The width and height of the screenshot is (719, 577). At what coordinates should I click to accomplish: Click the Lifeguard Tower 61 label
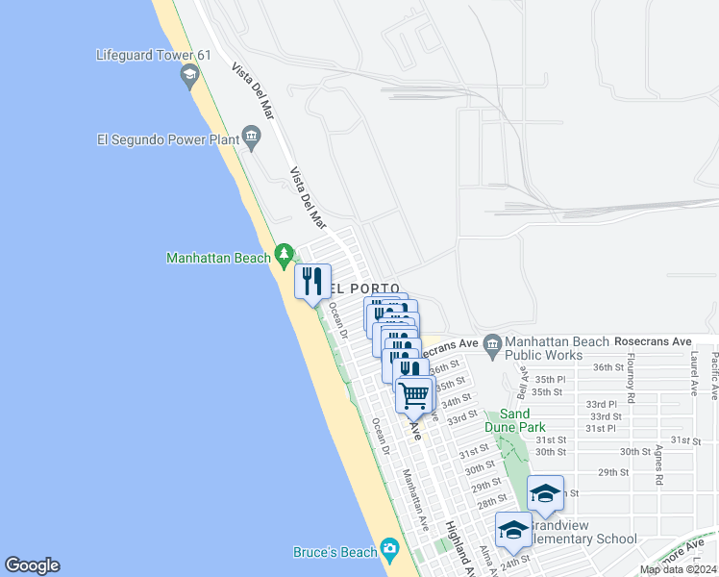tap(144, 55)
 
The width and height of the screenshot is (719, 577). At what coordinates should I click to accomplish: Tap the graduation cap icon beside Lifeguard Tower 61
tap(190, 75)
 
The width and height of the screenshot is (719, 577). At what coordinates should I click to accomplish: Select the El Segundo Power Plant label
tap(167, 138)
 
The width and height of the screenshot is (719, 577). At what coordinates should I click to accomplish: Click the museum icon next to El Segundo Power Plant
tap(251, 135)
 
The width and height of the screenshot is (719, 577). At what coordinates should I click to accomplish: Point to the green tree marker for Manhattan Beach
tap(284, 256)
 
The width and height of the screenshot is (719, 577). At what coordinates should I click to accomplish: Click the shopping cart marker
tap(414, 394)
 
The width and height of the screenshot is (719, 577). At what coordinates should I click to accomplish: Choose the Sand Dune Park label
tap(516, 420)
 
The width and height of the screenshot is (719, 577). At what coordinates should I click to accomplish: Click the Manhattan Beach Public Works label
tap(557, 348)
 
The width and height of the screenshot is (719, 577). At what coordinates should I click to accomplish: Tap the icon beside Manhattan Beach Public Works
tap(493, 343)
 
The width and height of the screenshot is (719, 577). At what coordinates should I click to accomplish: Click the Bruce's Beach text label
tap(335, 552)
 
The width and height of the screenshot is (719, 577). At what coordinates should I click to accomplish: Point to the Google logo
tap(32, 565)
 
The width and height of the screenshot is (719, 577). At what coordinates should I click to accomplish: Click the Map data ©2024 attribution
tap(677, 569)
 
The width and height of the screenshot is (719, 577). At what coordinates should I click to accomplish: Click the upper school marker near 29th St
tap(545, 492)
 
